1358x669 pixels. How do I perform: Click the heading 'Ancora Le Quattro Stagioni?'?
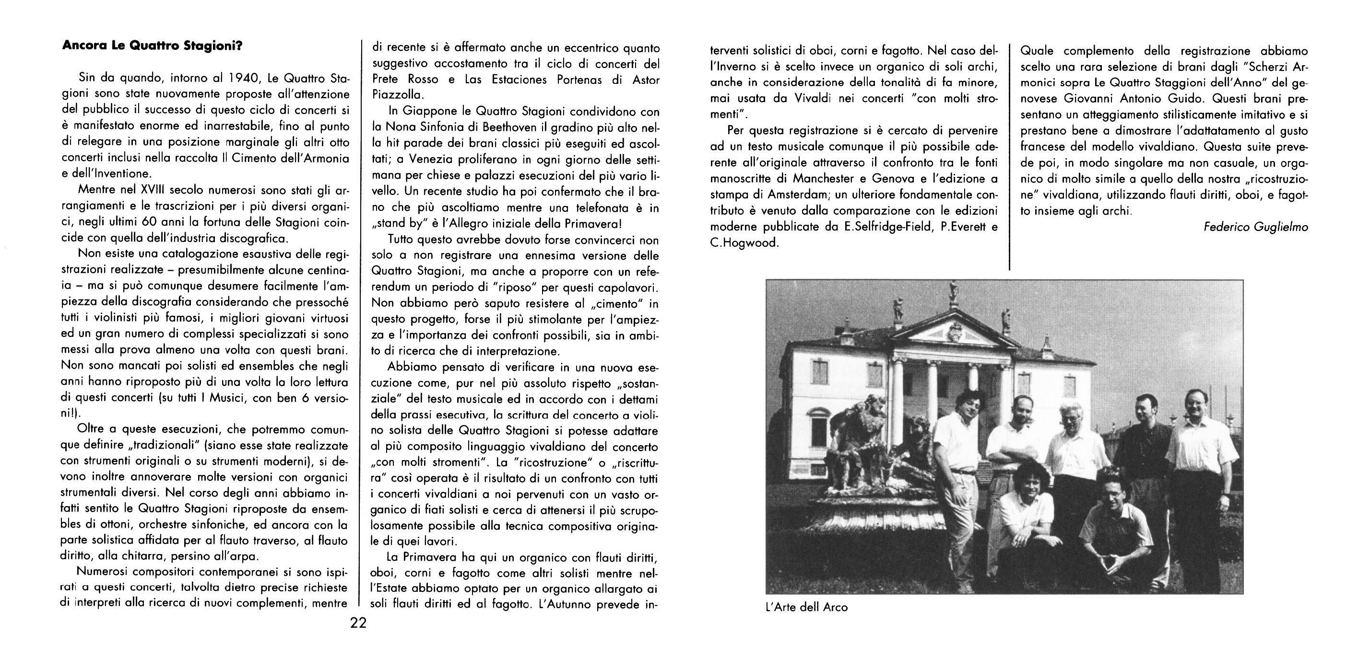(152, 46)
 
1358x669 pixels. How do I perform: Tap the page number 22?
(358, 623)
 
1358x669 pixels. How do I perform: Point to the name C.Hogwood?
(744, 243)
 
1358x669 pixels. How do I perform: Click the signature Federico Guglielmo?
(1256, 227)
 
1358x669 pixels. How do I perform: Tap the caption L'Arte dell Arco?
(806, 607)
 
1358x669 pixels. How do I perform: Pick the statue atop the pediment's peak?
(953, 292)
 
